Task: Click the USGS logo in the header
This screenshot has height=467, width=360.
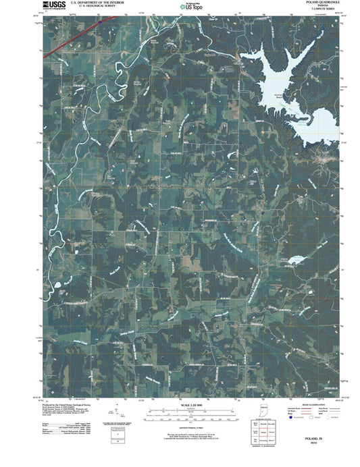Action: coord(51,7)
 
